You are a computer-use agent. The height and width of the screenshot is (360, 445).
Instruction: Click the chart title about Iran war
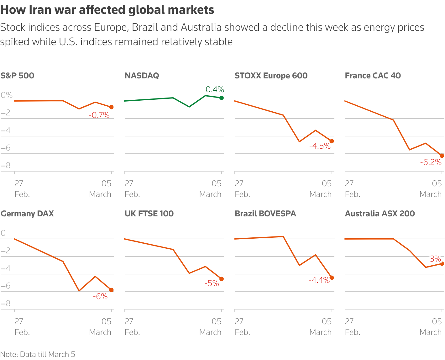click(x=107, y=10)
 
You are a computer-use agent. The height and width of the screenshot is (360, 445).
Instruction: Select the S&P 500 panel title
click(x=18, y=76)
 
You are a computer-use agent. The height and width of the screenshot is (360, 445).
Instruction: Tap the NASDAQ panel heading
click(x=142, y=76)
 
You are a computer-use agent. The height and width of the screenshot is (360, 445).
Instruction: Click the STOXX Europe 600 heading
click(x=271, y=76)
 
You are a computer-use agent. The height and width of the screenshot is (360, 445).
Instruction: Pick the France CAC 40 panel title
click(x=373, y=76)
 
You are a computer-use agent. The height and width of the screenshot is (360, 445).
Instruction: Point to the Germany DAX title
click(x=27, y=214)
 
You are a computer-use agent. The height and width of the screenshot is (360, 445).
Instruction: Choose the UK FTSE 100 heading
click(x=149, y=214)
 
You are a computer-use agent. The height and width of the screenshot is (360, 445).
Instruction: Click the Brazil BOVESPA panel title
click(x=265, y=214)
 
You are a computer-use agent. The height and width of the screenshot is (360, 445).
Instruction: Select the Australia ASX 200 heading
click(x=380, y=214)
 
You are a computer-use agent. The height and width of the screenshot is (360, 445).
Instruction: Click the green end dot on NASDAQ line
click(x=222, y=98)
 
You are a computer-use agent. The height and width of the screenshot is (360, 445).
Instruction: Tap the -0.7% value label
click(x=99, y=115)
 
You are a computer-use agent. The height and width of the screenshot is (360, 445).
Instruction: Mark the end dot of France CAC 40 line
click(x=442, y=156)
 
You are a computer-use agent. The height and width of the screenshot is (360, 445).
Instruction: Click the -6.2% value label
click(x=431, y=162)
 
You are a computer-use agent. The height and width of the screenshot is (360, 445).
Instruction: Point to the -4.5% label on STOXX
click(x=320, y=146)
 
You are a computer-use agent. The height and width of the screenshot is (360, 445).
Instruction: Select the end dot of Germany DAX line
click(x=111, y=290)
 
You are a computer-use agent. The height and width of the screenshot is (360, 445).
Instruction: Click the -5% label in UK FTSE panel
click(x=212, y=283)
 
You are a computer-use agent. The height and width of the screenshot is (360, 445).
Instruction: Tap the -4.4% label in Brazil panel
click(x=319, y=280)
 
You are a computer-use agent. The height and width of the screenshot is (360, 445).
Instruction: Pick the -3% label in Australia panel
click(x=434, y=259)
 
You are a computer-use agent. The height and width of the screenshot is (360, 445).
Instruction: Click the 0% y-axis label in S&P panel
click(x=7, y=95)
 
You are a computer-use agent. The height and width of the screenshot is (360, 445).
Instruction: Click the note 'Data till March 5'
click(x=38, y=354)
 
